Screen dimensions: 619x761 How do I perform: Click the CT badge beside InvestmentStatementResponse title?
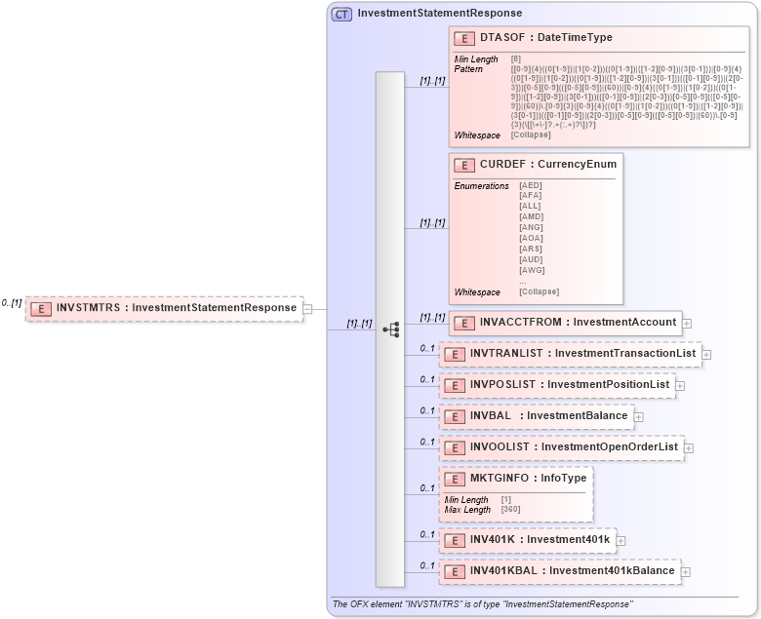coord(341,14)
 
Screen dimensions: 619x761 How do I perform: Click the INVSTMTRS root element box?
coord(164,308)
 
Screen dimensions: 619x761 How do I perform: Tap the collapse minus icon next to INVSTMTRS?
coord(307,309)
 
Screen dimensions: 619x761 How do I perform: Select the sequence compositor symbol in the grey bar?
coord(390,329)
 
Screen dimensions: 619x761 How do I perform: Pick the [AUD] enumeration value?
coord(532,260)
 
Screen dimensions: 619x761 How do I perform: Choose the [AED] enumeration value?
coord(532,185)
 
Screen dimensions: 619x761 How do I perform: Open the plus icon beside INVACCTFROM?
coord(687,323)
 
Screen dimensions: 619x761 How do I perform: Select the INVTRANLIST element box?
coord(570,354)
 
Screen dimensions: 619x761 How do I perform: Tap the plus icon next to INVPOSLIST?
coord(680,385)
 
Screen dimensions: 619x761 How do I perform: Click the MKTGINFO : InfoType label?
coord(528,479)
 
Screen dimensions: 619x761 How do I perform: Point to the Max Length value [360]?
coord(510,509)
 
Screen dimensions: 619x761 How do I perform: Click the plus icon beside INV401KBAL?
coord(685,571)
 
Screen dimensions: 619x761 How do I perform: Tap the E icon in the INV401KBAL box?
coord(454,571)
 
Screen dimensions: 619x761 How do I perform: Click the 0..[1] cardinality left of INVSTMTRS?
coord(12,303)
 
